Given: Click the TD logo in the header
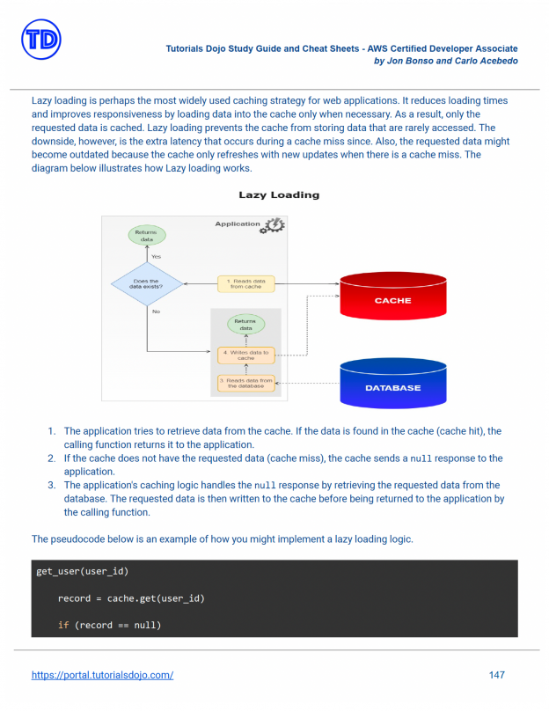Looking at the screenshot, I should [x=40, y=40].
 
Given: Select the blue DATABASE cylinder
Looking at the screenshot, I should [x=392, y=385].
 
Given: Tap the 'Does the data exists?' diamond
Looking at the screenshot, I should [x=146, y=284].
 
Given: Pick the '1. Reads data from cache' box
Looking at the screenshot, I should [x=245, y=284].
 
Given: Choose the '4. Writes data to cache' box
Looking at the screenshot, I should [x=245, y=355].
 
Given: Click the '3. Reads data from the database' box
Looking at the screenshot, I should [x=245, y=384].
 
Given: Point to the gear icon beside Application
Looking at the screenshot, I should [x=274, y=225].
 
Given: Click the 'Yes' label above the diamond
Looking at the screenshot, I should [x=156, y=256].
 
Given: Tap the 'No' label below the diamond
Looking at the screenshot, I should [x=156, y=312].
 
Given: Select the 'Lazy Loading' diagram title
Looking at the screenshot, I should [x=279, y=194].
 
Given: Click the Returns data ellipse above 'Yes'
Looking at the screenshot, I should [x=146, y=235].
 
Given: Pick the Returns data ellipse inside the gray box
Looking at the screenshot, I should [x=245, y=324].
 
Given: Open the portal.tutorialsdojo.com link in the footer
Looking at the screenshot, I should [x=102, y=675].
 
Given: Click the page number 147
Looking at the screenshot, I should [x=496, y=675].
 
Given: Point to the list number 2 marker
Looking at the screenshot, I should [x=51, y=458].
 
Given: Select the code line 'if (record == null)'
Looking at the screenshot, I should [x=109, y=625].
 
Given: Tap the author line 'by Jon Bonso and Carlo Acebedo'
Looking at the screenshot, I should [x=445, y=61].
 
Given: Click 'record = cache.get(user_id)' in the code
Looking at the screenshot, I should [x=131, y=598].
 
